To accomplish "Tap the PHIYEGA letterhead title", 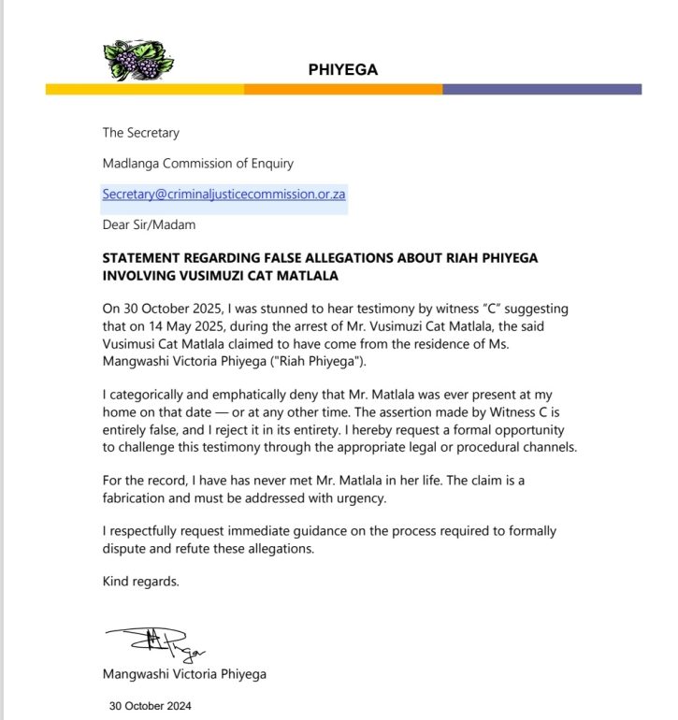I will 343,69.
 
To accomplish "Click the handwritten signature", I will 156,645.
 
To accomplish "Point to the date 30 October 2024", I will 150,706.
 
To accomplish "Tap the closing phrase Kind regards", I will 139,582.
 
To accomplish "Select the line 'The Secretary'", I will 140,133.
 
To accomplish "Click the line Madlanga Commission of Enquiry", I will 197,164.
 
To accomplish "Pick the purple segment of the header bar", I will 541,90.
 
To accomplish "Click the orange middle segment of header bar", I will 342,90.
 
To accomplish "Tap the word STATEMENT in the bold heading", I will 141,257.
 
